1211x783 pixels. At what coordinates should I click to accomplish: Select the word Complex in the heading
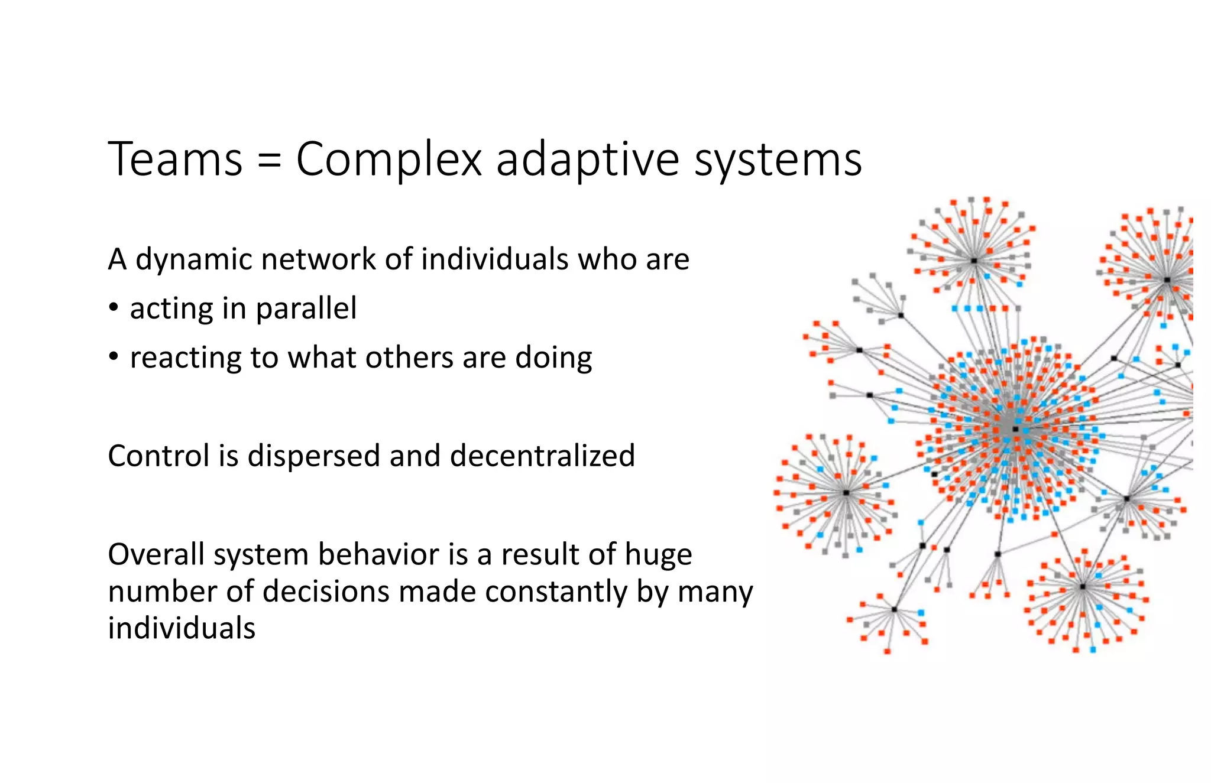tap(389, 160)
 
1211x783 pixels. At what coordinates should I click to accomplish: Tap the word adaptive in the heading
tap(588, 160)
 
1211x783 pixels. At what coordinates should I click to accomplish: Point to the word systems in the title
tap(778, 160)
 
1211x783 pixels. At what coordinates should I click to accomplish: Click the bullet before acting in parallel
tap(114, 308)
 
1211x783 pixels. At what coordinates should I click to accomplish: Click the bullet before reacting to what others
tap(114, 358)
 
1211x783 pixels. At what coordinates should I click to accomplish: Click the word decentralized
tap(542, 456)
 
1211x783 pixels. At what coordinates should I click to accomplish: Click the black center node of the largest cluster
tap(1015, 429)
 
